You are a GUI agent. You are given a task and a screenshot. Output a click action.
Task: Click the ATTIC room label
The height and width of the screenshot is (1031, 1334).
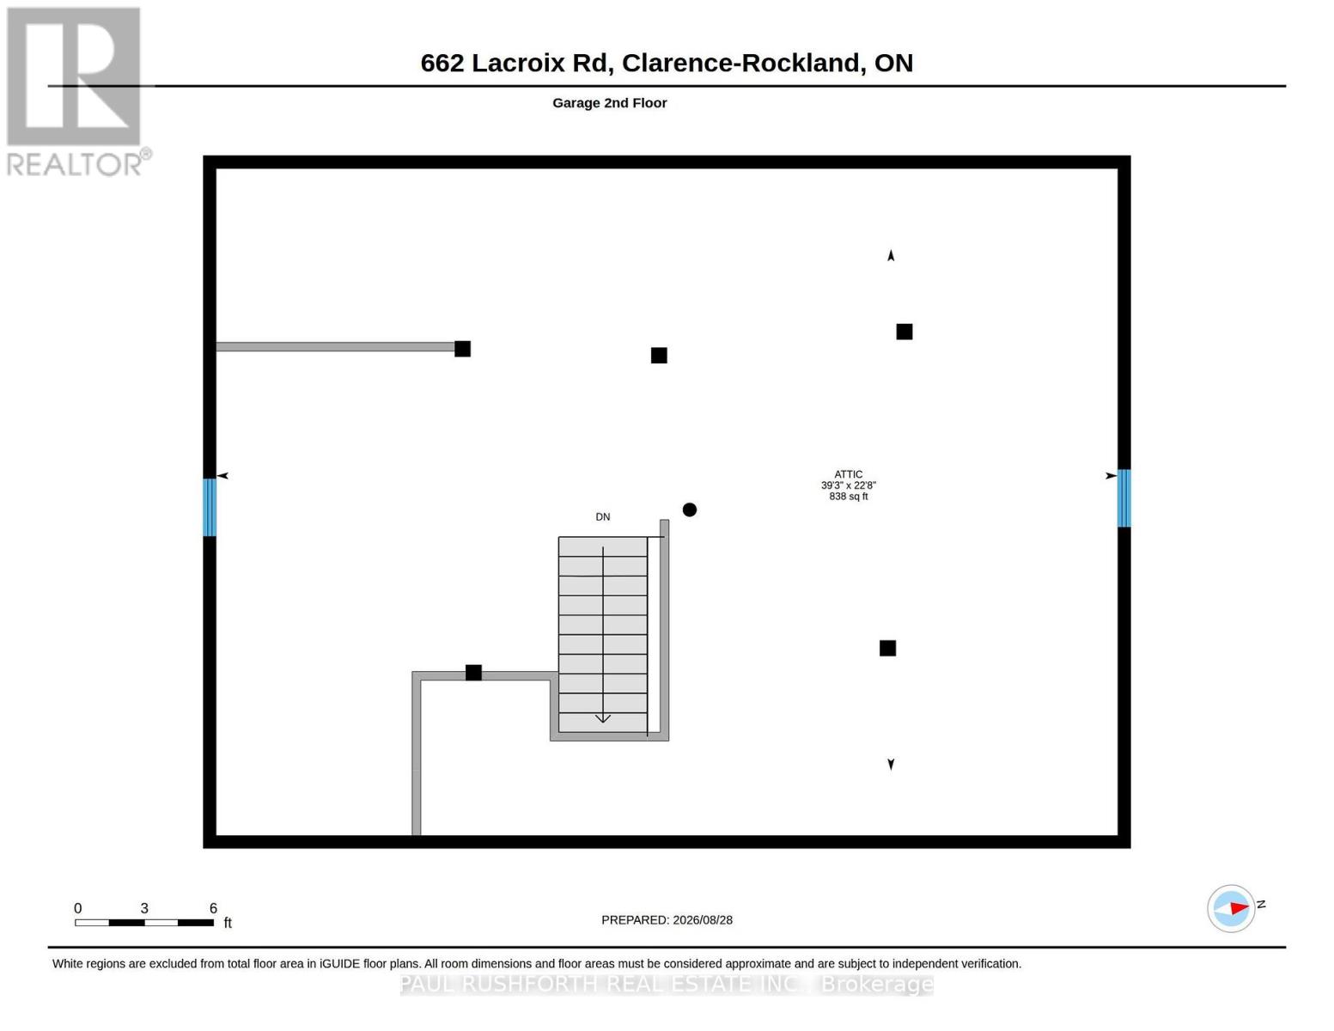pyautogui.click(x=848, y=474)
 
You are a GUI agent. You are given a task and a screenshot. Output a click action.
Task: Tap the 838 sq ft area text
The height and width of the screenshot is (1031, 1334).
pyautogui.click(x=848, y=496)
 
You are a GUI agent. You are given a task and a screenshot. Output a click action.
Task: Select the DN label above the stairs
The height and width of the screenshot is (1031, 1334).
pyautogui.click(x=602, y=517)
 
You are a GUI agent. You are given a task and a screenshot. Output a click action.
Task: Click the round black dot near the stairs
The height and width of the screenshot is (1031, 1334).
pyautogui.click(x=690, y=509)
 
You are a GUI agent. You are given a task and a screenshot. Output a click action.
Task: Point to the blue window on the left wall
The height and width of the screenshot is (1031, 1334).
pyautogui.click(x=210, y=507)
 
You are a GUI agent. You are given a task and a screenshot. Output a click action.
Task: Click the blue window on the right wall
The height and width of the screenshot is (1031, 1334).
pyautogui.click(x=1124, y=498)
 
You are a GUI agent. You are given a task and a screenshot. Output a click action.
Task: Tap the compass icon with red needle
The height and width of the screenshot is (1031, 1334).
pyautogui.click(x=1230, y=908)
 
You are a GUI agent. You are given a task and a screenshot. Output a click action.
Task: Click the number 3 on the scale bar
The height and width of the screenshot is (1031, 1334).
pyautogui.click(x=144, y=908)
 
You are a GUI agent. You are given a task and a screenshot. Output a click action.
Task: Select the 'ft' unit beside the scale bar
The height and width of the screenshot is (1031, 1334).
pyautogui.click(x=228, y=923)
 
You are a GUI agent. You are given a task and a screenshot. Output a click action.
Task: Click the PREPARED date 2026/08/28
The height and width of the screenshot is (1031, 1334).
pyautogui.click(x=703, y=920)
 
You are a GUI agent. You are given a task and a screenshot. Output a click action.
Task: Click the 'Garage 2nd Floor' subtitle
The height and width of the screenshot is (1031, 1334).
pyautogui.click(x=609, y=103)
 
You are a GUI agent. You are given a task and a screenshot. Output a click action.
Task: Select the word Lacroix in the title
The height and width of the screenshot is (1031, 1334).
pyautogui.click(x=517, y=64)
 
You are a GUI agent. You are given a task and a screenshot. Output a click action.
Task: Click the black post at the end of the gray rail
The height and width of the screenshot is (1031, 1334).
pyautogui.click(x=462, y=349)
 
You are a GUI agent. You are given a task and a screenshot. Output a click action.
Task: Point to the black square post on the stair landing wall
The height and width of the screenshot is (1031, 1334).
pyautogui.click(x=473, y=673)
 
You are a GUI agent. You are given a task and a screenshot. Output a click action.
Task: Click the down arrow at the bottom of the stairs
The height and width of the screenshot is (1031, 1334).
pyautogui.click(x=603, y=717)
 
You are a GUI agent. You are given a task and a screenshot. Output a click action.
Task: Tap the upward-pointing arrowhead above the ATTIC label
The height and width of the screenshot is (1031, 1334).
pyautogui.click(x=891, y=255)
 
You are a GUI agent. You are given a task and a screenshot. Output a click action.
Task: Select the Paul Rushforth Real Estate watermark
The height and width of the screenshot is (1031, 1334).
pyautogui.click(x=667, y=985)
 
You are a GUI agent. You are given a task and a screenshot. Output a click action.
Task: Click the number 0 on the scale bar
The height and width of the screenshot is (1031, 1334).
pyautogui.click(x=78, y=908)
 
